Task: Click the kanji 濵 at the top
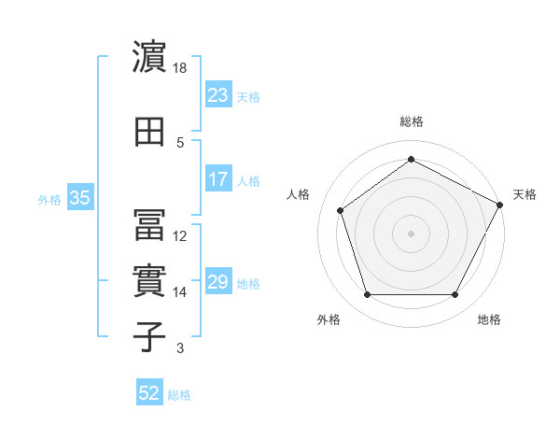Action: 149,58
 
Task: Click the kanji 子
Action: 149,337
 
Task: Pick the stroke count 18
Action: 180,68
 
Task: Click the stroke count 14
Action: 180,292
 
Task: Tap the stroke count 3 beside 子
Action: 180,348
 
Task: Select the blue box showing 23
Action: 217,94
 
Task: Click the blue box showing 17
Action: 217,179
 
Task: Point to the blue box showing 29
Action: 217,282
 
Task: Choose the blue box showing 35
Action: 79,198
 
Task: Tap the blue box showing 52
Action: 149,394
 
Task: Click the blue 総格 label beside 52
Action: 179,395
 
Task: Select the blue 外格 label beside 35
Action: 49,199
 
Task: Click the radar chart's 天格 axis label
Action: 525,194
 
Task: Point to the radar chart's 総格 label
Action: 412,121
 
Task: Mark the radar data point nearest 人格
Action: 341,210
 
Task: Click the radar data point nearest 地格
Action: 455,295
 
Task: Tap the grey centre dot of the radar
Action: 411,233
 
